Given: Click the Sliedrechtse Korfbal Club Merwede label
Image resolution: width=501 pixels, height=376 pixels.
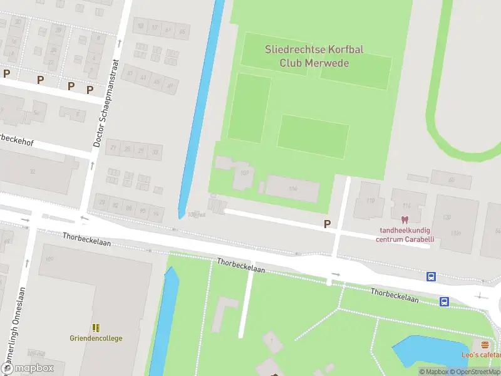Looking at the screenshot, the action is tap(306, 56).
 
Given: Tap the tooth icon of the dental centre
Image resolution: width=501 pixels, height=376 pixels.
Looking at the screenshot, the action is tap(404, 221).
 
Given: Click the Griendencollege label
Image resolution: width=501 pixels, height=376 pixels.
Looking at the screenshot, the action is tap(96, 338).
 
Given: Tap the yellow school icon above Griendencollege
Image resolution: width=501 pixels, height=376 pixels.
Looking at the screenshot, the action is tap(96, 328).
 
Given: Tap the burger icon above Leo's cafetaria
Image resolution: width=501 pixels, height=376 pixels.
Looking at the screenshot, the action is tap(485, 345).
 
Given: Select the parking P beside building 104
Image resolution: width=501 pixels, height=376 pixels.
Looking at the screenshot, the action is tap(326, 224).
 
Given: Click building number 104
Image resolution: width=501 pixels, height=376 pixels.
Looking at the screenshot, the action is tap(293, 189).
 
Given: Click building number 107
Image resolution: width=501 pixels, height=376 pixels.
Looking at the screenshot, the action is tap(244, 173).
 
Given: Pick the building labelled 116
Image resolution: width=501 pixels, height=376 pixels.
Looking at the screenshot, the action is tap(406, 206).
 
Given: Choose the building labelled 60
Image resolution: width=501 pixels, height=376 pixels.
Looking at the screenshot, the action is tap(451, 180).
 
